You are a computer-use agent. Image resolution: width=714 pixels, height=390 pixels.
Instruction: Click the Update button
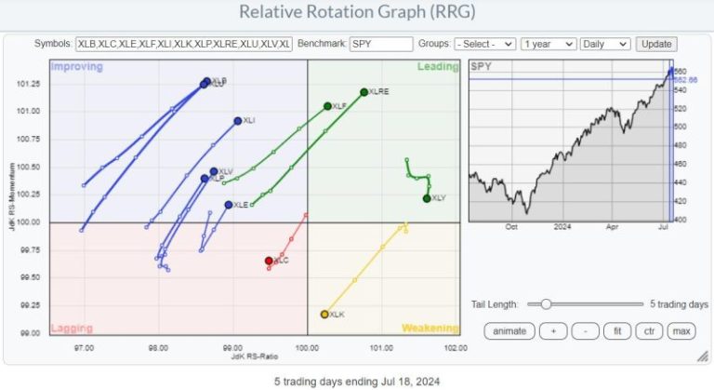tap(656, 44)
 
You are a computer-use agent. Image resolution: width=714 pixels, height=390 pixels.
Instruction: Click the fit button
tap(617, 330)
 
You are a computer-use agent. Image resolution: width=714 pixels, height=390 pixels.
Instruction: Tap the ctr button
tap(648, 330)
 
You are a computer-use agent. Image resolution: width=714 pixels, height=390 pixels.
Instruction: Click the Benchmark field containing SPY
tap(381, 44)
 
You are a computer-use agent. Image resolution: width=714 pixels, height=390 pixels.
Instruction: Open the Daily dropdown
tap(604, 44)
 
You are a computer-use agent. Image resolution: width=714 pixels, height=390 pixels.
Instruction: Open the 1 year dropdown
tap(547, 44)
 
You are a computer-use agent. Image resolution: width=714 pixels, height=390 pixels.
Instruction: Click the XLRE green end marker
tap(364, 92)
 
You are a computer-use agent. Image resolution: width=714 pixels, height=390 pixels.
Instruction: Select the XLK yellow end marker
tap(324, 315)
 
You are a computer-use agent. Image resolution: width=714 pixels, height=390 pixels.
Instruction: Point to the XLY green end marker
tap(427, 198)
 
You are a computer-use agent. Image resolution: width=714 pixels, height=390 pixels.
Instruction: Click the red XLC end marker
tap(269, 261)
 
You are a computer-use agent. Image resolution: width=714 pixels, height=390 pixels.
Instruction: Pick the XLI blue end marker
tap(238, 121)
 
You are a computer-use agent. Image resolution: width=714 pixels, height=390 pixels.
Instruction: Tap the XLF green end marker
tap(327, 106)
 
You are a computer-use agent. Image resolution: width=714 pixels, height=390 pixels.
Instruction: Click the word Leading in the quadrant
tap(438, 67)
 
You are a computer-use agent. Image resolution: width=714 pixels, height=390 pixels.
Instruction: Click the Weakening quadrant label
tap(430, 328)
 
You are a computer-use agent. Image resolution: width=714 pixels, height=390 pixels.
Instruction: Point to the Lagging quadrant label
tap(71, 328)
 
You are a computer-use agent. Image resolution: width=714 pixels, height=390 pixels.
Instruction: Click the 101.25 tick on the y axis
tap(29, 84)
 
